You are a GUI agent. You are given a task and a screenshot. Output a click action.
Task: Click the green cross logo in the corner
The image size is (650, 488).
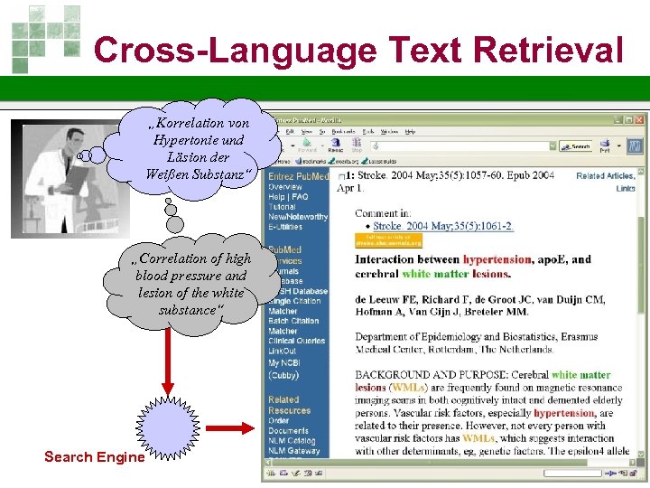tap(44, 36)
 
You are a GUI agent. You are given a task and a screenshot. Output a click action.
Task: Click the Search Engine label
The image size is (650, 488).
tap(94, 456)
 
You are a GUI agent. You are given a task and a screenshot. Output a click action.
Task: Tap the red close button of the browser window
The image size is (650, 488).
tap(639, 119)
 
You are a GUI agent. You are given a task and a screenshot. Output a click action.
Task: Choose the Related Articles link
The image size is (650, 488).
tap(606, 175)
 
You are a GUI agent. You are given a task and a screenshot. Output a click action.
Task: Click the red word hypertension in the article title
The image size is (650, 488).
tap(497, 259)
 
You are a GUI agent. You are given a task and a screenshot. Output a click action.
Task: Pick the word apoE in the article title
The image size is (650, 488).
tap(553, 259)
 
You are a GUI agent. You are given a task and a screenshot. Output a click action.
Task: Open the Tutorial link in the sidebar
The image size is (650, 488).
tap(283, 207)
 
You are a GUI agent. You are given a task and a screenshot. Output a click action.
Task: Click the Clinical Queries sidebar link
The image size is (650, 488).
tap(296, 341)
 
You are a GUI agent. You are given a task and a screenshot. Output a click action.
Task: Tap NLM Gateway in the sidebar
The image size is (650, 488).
tap(293, 451)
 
